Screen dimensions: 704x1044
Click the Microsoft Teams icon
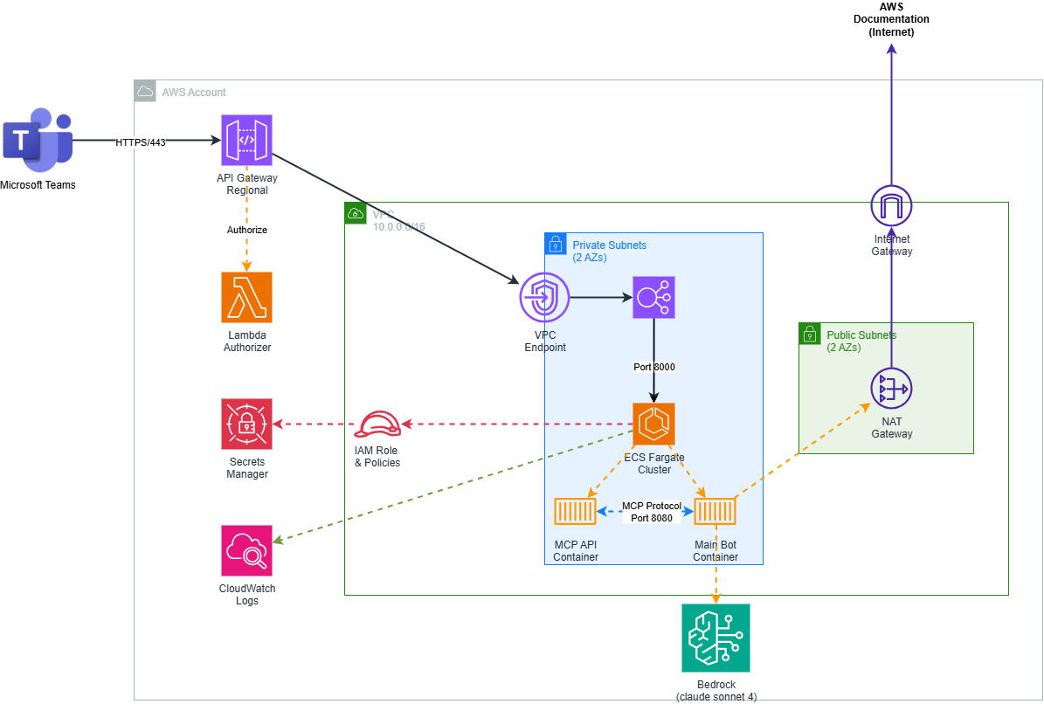pos(37,140)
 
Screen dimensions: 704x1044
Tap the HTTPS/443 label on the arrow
pos(141,141)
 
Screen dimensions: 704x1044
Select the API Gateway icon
pos(247,140)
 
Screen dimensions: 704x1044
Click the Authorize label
pos(247,230)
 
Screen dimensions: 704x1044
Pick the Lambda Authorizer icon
pos(247,297)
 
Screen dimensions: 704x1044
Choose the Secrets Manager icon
pos(247,424)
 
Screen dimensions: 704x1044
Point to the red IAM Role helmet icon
pos(377,424)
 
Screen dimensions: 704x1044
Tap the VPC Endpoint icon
pos(544,298)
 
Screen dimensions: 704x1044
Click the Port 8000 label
pos(654,367)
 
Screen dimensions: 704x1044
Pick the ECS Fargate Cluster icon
pos(654,424)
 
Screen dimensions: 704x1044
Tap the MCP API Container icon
pos(576,512)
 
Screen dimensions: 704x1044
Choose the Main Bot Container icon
pos(716,512)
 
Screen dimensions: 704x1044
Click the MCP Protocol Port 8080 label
pos(651,512)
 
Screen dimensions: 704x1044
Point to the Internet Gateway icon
pos(891,208)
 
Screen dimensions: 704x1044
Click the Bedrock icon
pos(716,638)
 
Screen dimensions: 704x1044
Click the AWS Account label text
pos(194,92)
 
